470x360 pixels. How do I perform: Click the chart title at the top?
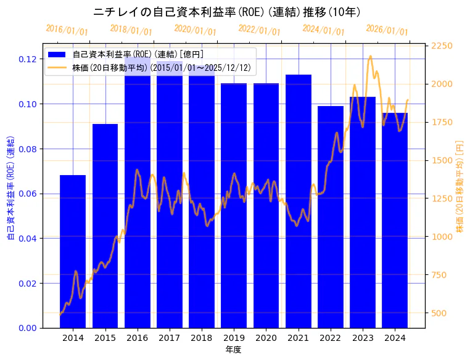227,12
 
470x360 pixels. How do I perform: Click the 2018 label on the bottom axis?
202,338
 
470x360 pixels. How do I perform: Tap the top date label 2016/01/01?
67,30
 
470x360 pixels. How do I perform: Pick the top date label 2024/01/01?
323,30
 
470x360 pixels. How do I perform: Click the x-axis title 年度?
233,350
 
